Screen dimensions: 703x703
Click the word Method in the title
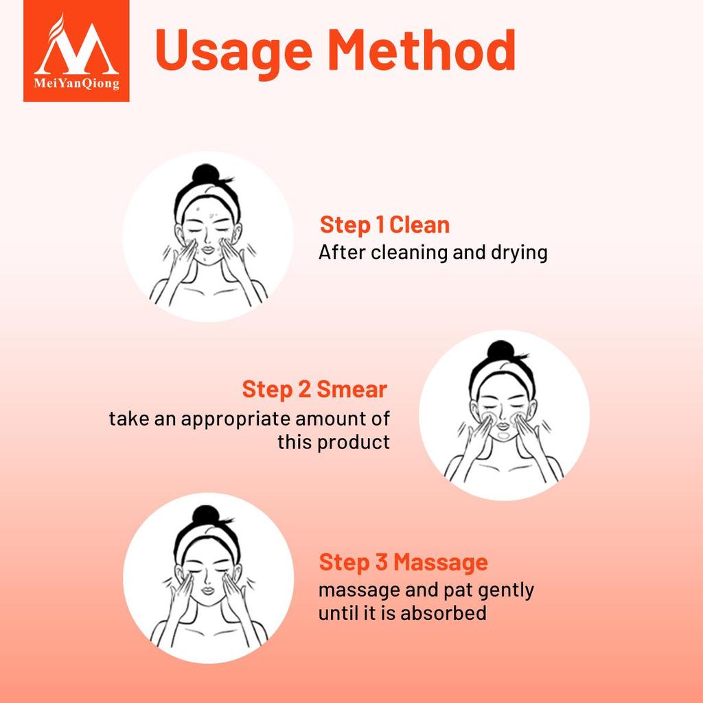[x=422, y=49]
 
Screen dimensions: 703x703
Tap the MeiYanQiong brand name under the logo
[x=77, y=84]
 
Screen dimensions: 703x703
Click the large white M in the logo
[x=77, y=49]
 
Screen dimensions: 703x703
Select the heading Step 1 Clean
[x=384, y=225]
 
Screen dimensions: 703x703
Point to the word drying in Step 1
[x=519, y=253]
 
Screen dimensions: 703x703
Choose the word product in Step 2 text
[x=354, y=443]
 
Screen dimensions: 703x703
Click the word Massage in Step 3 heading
[x=441, y=562]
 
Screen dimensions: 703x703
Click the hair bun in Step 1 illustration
[x=205, y=175]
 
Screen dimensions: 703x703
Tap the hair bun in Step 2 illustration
[x=500, y=351]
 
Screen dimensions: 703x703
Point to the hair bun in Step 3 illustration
[x=206, y=516]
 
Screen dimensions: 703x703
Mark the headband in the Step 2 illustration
[x=502, y=376]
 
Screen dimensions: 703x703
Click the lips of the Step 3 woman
[x=208, y=590]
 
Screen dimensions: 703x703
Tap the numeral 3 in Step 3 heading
[x=382, y=562]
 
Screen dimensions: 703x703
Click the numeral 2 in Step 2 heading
[x=304, y=389]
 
